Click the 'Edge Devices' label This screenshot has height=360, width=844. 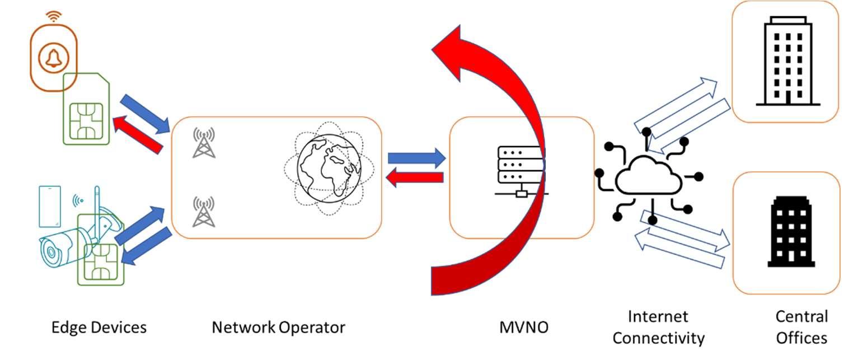pos(99,327)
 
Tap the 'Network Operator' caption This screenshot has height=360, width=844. pos(278,327)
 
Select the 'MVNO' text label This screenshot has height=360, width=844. pos(524,327)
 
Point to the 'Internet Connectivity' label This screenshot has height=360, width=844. pos(658,328)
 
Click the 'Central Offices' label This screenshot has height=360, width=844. pos(801,328)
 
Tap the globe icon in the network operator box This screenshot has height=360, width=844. pos(329,166)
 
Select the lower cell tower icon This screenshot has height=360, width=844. pos(203,211)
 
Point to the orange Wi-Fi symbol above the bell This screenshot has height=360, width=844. pos(54,16)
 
